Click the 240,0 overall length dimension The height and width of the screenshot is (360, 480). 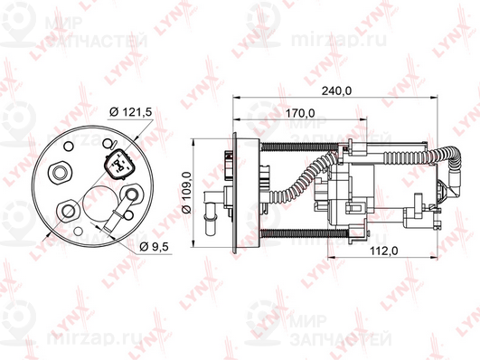click(x=336, y=90)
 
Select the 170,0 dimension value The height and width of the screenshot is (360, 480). click(x=300, y=113)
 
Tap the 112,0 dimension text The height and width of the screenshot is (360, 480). click(x=384, y=251)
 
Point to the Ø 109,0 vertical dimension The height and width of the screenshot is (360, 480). click(x=187, y=193)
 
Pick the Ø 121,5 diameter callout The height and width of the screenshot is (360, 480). click(x=131, y=112)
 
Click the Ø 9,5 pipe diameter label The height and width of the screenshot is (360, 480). click(x=154, y=246)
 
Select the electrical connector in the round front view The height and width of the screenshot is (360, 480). click(x=118, y=165)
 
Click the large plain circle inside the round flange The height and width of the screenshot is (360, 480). click(x=100, y=203)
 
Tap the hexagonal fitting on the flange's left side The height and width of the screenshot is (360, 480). click(x=60, y=173)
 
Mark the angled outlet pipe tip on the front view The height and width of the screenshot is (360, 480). click(x=108, y=228)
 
